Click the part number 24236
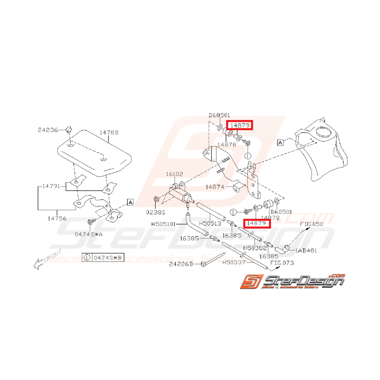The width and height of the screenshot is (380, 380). pyautogui.click(x=47, y=130)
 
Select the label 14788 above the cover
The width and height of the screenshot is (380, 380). pyautogui.click(x=109, y=132)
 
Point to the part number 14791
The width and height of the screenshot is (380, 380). pyautogui.click(x=52, y=186)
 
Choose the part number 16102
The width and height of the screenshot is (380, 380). pyautogui.click(x=174, y=174)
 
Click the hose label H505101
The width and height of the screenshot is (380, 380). pyautogui.click(x=165, y=224)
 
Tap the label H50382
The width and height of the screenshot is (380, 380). pyautogui.click(x=255, y=248)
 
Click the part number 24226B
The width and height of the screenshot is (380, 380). pyautogui.click(x=181, y=264)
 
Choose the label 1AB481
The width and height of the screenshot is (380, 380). pyautogui.click(x=306, y=251)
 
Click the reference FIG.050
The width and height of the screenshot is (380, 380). pyautogui.click(x=311, y=224)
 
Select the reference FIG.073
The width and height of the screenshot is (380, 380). pyautogui.click(x=282, y=262)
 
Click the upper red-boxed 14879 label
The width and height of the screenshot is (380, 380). pyautogui.click(x=240, y=125)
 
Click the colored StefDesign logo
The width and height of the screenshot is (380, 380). pyautogui.click(x=292, y=281)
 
